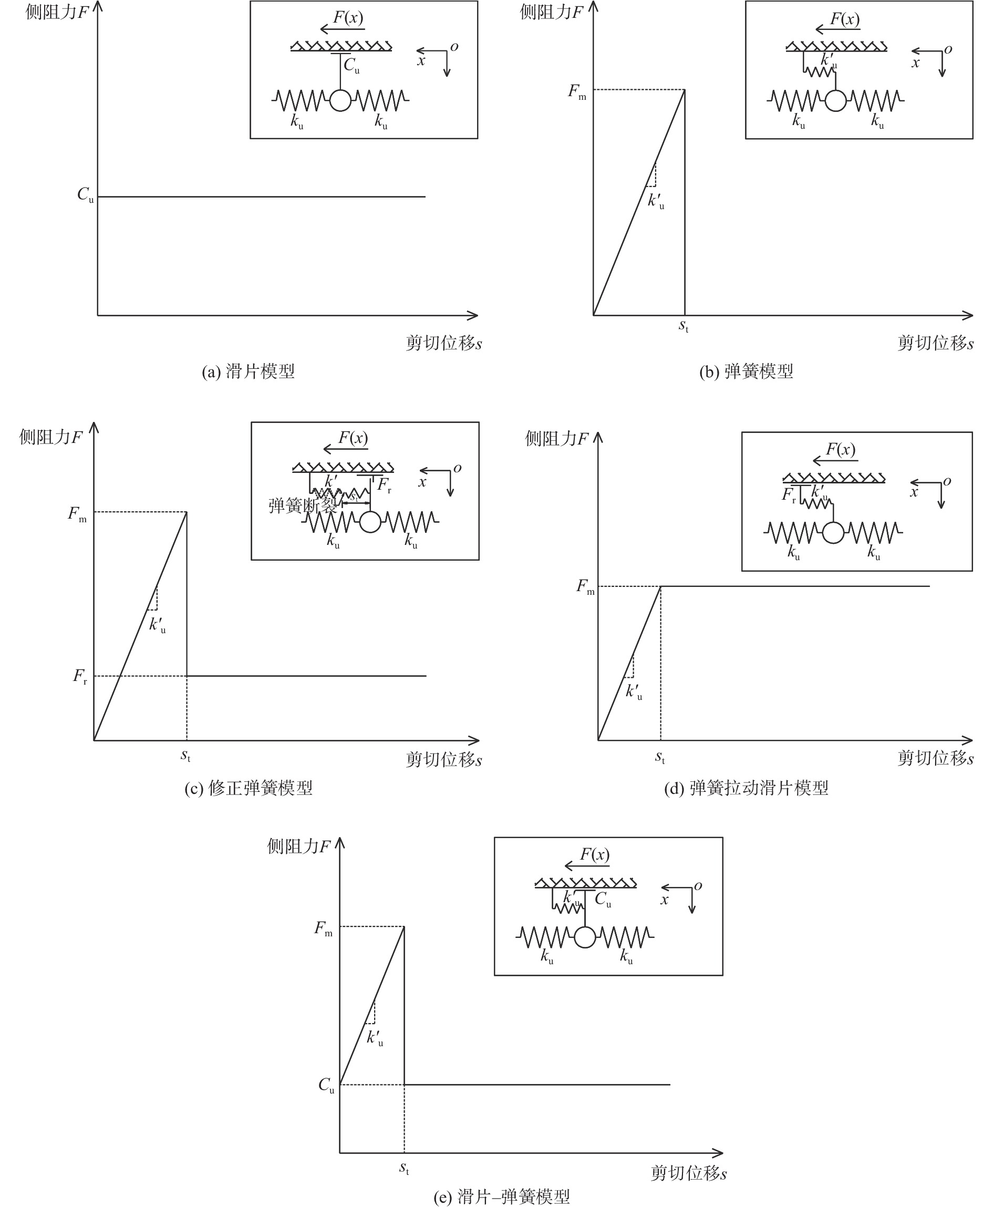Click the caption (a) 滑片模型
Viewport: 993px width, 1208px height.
point(248,372)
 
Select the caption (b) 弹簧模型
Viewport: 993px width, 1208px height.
point(746,372)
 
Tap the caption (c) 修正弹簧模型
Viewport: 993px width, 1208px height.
point(248,788)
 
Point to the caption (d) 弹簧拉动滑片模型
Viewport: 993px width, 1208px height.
point(746,788)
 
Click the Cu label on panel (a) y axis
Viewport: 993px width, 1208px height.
point(85,195)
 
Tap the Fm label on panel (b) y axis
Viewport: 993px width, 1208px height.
point(576,91)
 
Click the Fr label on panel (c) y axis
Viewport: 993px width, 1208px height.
point(80,677)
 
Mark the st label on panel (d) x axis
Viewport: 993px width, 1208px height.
point(659,757)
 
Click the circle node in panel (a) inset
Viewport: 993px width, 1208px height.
point(340,101)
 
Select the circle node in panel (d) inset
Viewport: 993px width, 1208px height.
point(833,532)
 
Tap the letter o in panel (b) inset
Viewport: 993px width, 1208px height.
point(948,50)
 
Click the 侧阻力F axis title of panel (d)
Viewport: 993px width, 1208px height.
point(556,439)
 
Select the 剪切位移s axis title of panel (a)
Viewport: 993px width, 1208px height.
point(444,343)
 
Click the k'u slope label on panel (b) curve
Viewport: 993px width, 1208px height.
point(656,201)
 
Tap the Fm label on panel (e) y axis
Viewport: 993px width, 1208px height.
point(323,928)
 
